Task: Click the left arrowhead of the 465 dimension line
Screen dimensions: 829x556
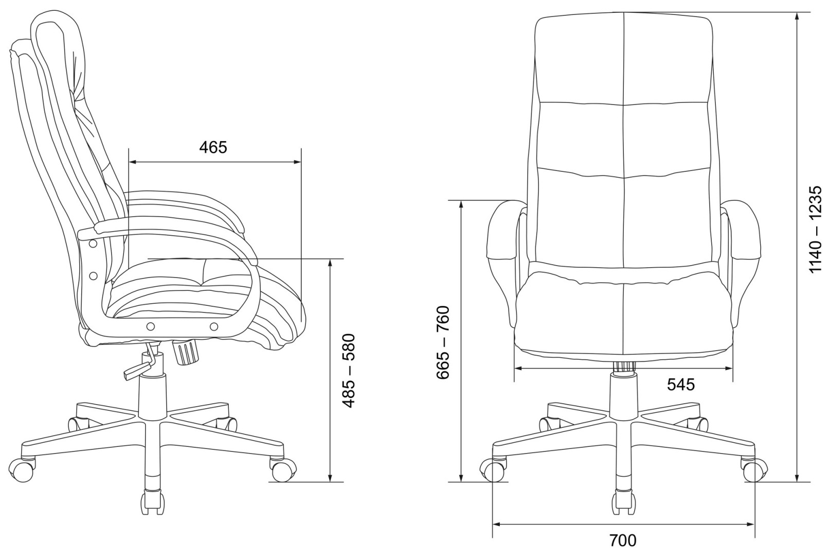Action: coord(133,162)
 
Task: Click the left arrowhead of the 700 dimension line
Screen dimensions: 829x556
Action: coord(497,525)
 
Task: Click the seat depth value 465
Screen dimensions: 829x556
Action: coord(213,147)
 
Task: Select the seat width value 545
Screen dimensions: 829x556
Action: coord(681,385)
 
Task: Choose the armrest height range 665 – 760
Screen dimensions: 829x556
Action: coord(443,343)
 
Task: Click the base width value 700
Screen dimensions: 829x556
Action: coord(623,541)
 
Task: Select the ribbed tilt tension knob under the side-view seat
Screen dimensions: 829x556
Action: coord(185,352)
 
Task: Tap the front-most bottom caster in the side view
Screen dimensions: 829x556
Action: coord(152,501)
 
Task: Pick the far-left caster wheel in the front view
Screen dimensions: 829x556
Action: coord(492,470)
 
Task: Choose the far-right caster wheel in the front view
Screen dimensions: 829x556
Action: coord(754,470)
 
